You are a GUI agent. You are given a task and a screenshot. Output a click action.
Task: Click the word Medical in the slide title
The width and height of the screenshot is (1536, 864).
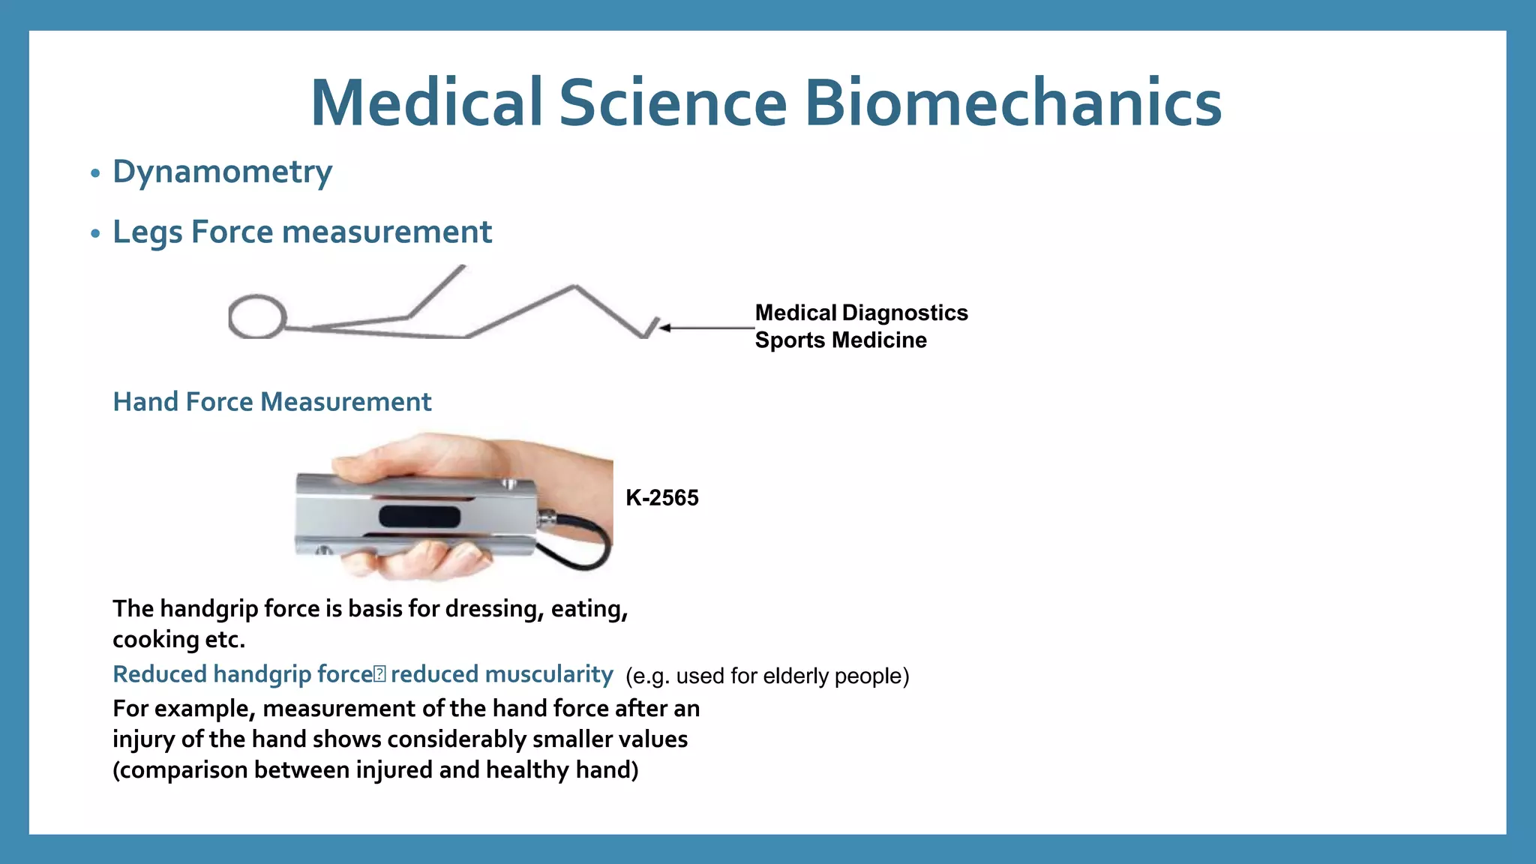[x=426, y=103]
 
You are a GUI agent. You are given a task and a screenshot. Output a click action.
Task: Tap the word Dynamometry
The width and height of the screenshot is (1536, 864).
[x=222, y=172]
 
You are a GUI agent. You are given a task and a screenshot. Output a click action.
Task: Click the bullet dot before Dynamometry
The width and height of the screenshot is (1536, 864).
[x=95, y=174]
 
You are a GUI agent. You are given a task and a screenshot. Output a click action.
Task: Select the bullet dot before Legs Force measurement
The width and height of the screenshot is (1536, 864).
[x=95, y=234]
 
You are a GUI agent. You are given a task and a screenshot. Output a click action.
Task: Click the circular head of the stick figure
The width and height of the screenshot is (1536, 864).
[x=257, y=316]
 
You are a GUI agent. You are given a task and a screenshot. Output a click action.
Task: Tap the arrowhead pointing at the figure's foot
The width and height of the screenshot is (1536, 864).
[x=665, y=328]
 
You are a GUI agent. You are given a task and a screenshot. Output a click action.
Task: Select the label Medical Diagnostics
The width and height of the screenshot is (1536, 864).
[x=861, y=313]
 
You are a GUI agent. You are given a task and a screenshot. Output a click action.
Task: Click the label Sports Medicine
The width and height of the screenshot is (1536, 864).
[x=840, y=340]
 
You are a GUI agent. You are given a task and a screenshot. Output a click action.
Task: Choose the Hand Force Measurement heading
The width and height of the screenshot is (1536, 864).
[x=271, y=402]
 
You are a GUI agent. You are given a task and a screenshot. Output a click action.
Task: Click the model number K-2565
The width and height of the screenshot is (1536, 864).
[x=661, y=498]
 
